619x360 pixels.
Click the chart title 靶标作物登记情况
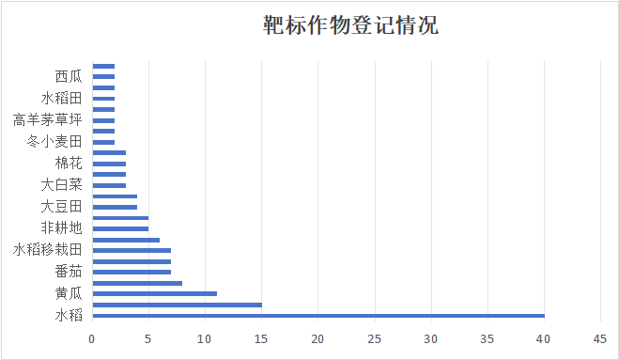350,25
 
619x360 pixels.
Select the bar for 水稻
318,316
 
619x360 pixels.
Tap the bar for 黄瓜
155,293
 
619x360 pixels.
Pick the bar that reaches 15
178,305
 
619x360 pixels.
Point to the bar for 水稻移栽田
132,250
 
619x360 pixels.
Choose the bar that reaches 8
137,283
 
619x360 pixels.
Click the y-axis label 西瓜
69,76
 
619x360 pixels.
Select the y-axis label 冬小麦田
55,142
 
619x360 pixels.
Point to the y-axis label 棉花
69,164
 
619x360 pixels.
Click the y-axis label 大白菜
62,185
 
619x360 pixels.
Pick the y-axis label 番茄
69,272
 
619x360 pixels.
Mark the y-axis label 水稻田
62,98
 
